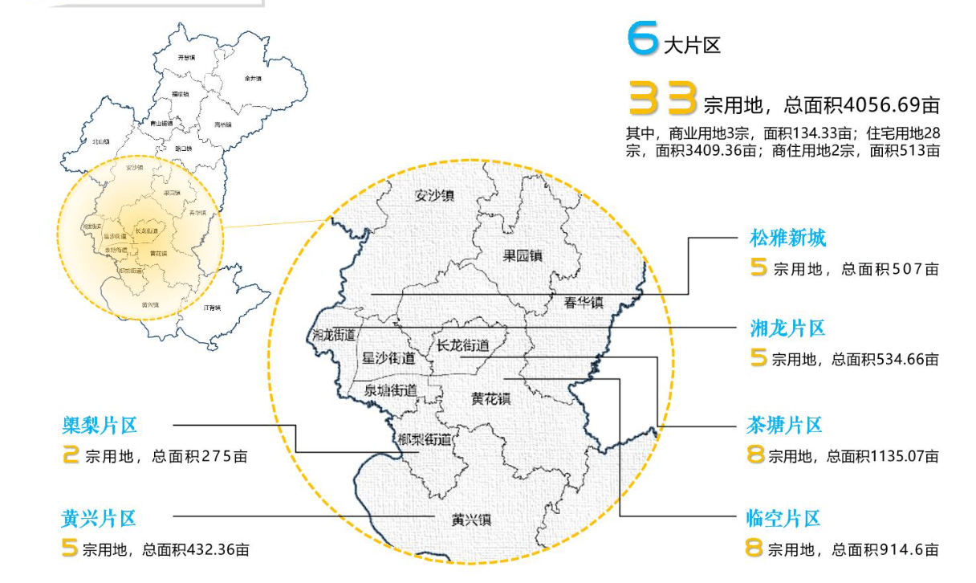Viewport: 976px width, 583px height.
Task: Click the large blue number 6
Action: (x=642, y=39)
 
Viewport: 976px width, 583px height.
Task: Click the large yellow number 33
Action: (x=662, y=100)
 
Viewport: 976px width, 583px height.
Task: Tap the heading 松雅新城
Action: (x=787, y=238)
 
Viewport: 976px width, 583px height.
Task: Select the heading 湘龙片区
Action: (x=787, y=328)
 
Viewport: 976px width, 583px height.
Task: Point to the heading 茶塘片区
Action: (x=785, y=425)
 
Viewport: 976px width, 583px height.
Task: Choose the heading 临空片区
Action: (x=783, y=518)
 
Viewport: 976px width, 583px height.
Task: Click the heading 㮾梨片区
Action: (x=100, y=425)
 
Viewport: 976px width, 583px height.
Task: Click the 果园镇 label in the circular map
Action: (x=523, y=256)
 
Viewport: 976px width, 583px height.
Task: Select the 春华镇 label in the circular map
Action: (x=582, y=302)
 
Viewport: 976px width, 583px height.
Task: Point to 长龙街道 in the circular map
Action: (x=462, y=346)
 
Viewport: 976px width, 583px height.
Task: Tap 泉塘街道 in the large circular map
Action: (x=391, y=390)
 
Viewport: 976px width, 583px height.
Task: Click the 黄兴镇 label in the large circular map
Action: (x=471, y=519)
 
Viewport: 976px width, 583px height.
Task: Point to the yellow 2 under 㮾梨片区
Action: (x=71, y=456)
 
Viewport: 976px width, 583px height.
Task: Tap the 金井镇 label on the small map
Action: (x=253, y=79)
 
